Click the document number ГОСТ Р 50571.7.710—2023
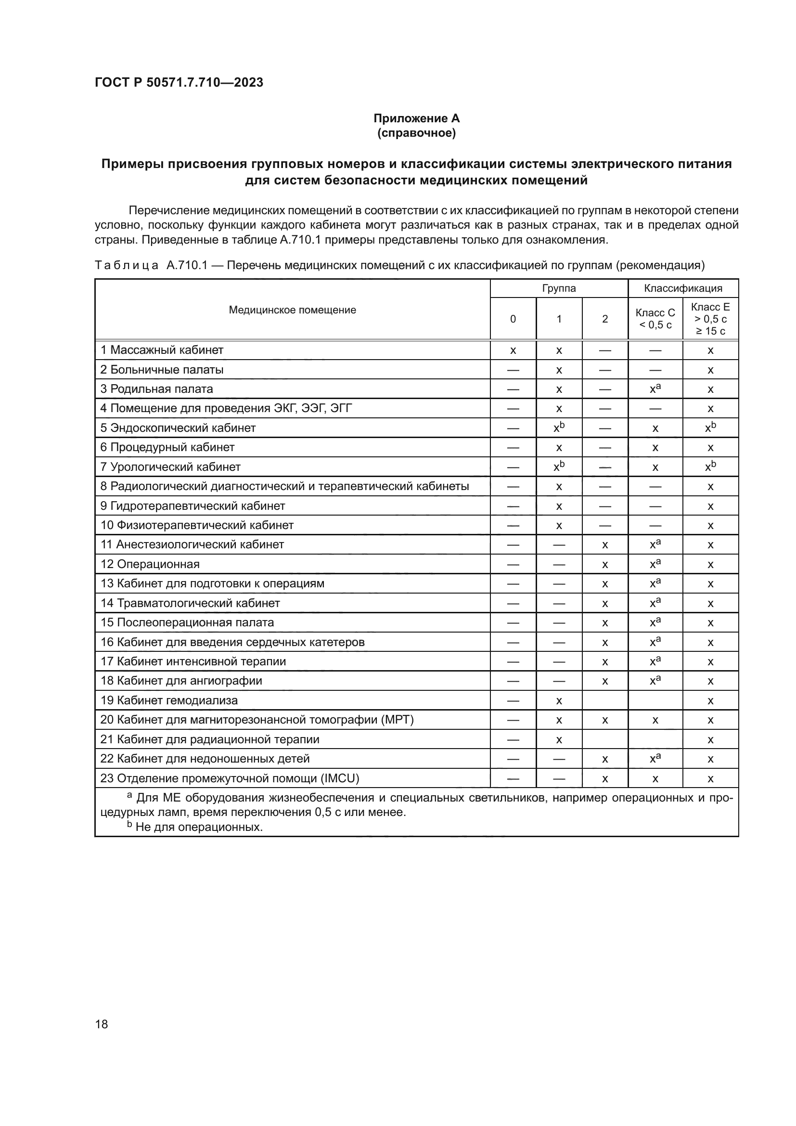[179, 82]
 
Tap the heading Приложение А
[416, 118]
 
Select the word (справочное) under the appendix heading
[416, 133]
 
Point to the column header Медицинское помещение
[292, 310]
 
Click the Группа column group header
[559, 288]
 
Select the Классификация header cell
[683, 288]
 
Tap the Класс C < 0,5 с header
[655, 319]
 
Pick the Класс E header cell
[710, 319]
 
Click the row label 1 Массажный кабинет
[162, 350]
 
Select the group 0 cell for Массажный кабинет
[513, 350]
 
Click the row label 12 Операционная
[150, 564]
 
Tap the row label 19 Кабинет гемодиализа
[169, 700]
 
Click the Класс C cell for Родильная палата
[655, 389]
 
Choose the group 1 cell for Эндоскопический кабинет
[559, 428]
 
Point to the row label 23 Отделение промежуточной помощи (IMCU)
[230, 778]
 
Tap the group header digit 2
[605, 319]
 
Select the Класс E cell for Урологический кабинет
[710, 467]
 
